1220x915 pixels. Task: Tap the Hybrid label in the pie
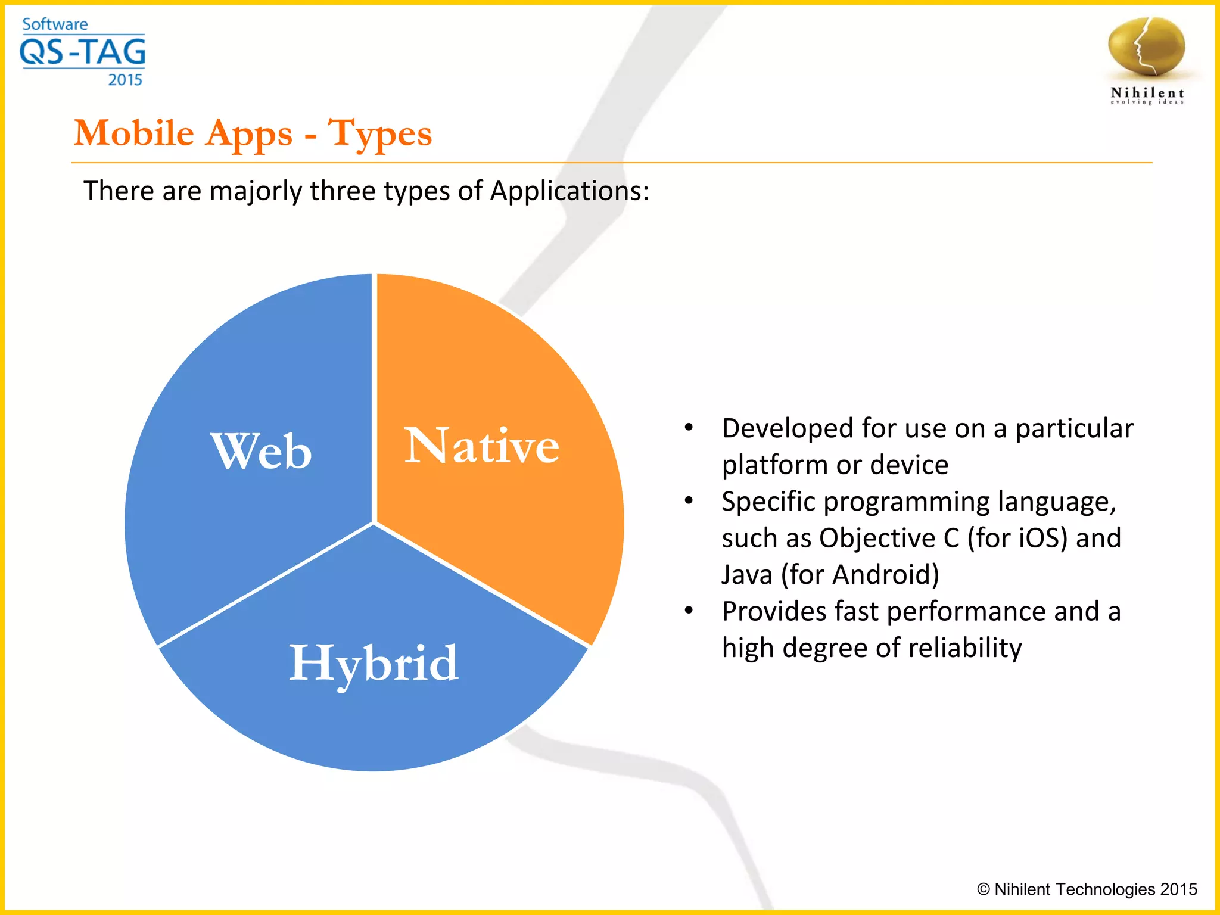pos(374,663)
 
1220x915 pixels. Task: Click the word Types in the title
pos(380,133)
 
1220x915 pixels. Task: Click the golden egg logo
pos(1146,48)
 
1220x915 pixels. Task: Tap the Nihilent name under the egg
pos(1147,93)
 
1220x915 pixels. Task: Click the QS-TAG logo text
pos(83,52)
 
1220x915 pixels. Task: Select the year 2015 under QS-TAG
pos(125,80)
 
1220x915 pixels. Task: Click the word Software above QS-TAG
pos(55,24)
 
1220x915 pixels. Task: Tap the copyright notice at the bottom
pos(1087,889)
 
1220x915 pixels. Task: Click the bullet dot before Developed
pos(689,428)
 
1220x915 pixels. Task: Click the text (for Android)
pos(860,575)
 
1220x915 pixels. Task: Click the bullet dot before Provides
pos(689,611)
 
